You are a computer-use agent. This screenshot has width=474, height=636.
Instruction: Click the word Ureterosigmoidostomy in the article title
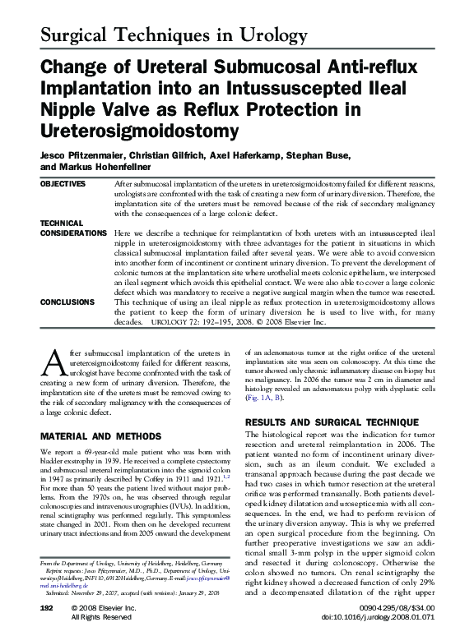click(x=138, y=131)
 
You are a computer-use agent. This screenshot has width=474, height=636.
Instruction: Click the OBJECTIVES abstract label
click(x=63, y=184)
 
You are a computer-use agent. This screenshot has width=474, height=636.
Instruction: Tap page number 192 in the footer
click(x=47, y=606)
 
